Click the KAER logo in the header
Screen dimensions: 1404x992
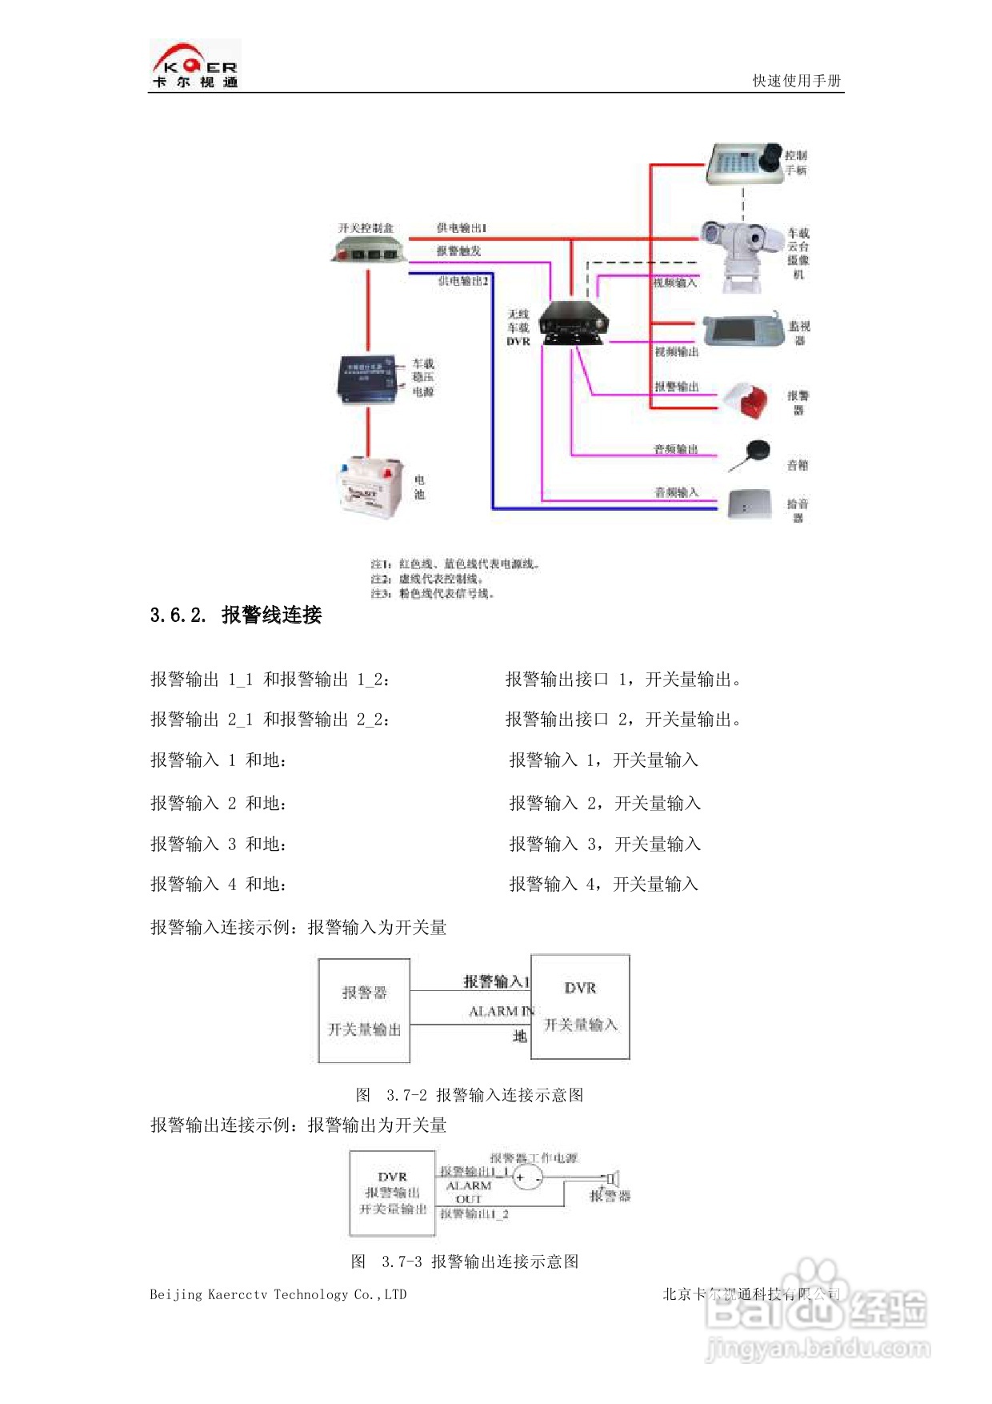(195, 65)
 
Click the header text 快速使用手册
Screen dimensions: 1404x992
(796, 80)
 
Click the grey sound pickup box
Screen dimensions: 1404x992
(749, 505)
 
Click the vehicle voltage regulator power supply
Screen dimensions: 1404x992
(368, 379)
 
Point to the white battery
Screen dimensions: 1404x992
(370, 486)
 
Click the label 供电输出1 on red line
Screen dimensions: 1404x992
(462, 228)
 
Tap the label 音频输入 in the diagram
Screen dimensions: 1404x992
(676, 492)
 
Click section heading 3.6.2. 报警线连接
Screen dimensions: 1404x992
(236, 615)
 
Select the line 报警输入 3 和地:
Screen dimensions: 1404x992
(218, 844)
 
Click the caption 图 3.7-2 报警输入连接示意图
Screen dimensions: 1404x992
(470, 1094)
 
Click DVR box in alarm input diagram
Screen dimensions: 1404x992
(580, 1006)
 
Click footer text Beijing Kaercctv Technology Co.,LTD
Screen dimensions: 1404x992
(278, 1294)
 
